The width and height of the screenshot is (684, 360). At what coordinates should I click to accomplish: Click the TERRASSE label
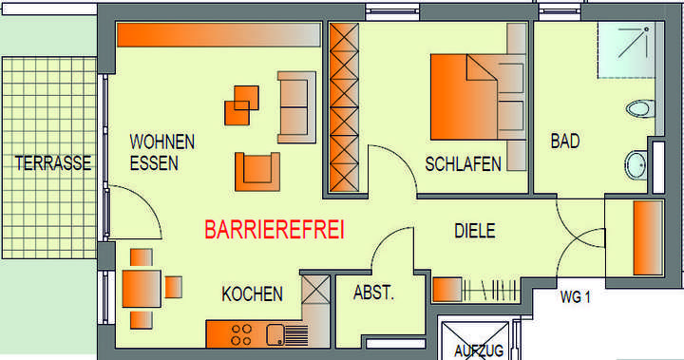click(53, 163)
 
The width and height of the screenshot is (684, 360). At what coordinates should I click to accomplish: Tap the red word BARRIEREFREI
click(275, 230)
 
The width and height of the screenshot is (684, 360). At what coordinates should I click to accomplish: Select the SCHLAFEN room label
click(464, 164)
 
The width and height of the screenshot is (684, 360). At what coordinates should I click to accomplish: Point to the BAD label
click(565, 141)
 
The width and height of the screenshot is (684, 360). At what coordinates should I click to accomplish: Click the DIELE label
click(475, 231)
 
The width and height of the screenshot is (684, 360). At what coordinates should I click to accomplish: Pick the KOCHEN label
click(252, 294)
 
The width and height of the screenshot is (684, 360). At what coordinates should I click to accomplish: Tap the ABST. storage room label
click(373, 294)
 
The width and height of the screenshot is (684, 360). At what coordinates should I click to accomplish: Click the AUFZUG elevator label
click(478, 351)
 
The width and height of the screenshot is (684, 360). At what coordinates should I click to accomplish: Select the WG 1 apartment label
click(576, 297)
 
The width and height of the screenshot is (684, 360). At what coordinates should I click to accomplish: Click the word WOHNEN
click(162, 142)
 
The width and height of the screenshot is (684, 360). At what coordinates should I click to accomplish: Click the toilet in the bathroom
click(642, 108)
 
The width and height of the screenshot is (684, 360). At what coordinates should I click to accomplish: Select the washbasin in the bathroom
click(637, 164)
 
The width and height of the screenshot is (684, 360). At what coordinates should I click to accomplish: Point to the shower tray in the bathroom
click(626, 52)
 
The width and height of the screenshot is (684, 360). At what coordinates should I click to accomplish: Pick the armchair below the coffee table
click(256, 170)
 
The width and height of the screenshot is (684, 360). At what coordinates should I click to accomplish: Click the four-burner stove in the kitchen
click(240, 333)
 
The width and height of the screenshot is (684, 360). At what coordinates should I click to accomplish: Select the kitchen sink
click(278, 333)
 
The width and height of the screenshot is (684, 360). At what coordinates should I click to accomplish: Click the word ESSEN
click(154, 163)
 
